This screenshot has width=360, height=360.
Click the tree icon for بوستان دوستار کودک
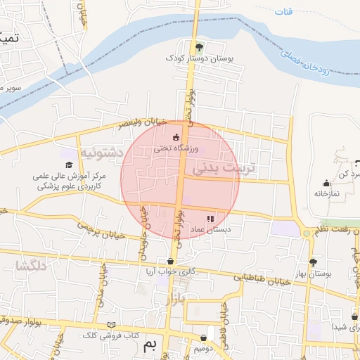click(200, 47)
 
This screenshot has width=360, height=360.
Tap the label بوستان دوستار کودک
click(192, 58)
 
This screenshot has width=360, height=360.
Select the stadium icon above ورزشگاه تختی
click(176, 137)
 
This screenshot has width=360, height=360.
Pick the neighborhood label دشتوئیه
click(101, 152)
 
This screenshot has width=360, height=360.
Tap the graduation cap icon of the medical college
click(69, 164)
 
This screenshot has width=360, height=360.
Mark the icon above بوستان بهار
click(313, 262)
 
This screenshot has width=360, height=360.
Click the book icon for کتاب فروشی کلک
click(111, 325)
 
